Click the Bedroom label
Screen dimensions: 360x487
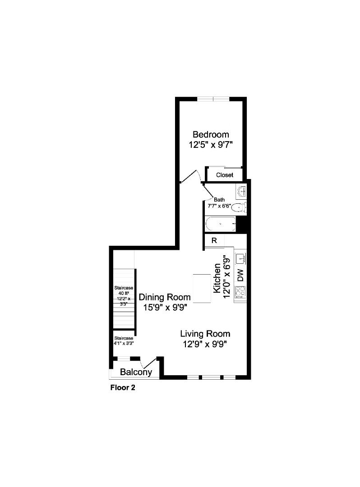[x=211, y=134]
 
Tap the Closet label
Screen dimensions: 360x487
[x=225, y=175]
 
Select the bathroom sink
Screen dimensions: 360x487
[x=241, y=192]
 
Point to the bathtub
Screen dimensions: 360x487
[x=220, y=224]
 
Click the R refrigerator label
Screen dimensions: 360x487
[x=214, y=240]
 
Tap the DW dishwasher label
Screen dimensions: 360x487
[x=241, y=275]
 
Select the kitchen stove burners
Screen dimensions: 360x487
[x=240, y=292]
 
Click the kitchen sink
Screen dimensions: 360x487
[x=241, y=258]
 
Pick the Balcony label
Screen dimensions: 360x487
[x=136, y=372]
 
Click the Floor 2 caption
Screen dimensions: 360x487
[x=123, y=388]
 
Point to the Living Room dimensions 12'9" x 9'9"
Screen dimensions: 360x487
[x=205, y=344]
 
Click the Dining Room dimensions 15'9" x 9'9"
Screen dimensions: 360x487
[x=165, y=308]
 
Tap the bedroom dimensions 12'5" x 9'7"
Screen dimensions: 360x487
[x=211, y=145]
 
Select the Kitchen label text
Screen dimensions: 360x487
[x=217, y=278]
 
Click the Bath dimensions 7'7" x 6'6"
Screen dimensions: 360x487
[x=219, y=206]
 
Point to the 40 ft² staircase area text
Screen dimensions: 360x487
[x=124, y=293]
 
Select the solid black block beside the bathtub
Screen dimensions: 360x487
[x=241, y=224]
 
